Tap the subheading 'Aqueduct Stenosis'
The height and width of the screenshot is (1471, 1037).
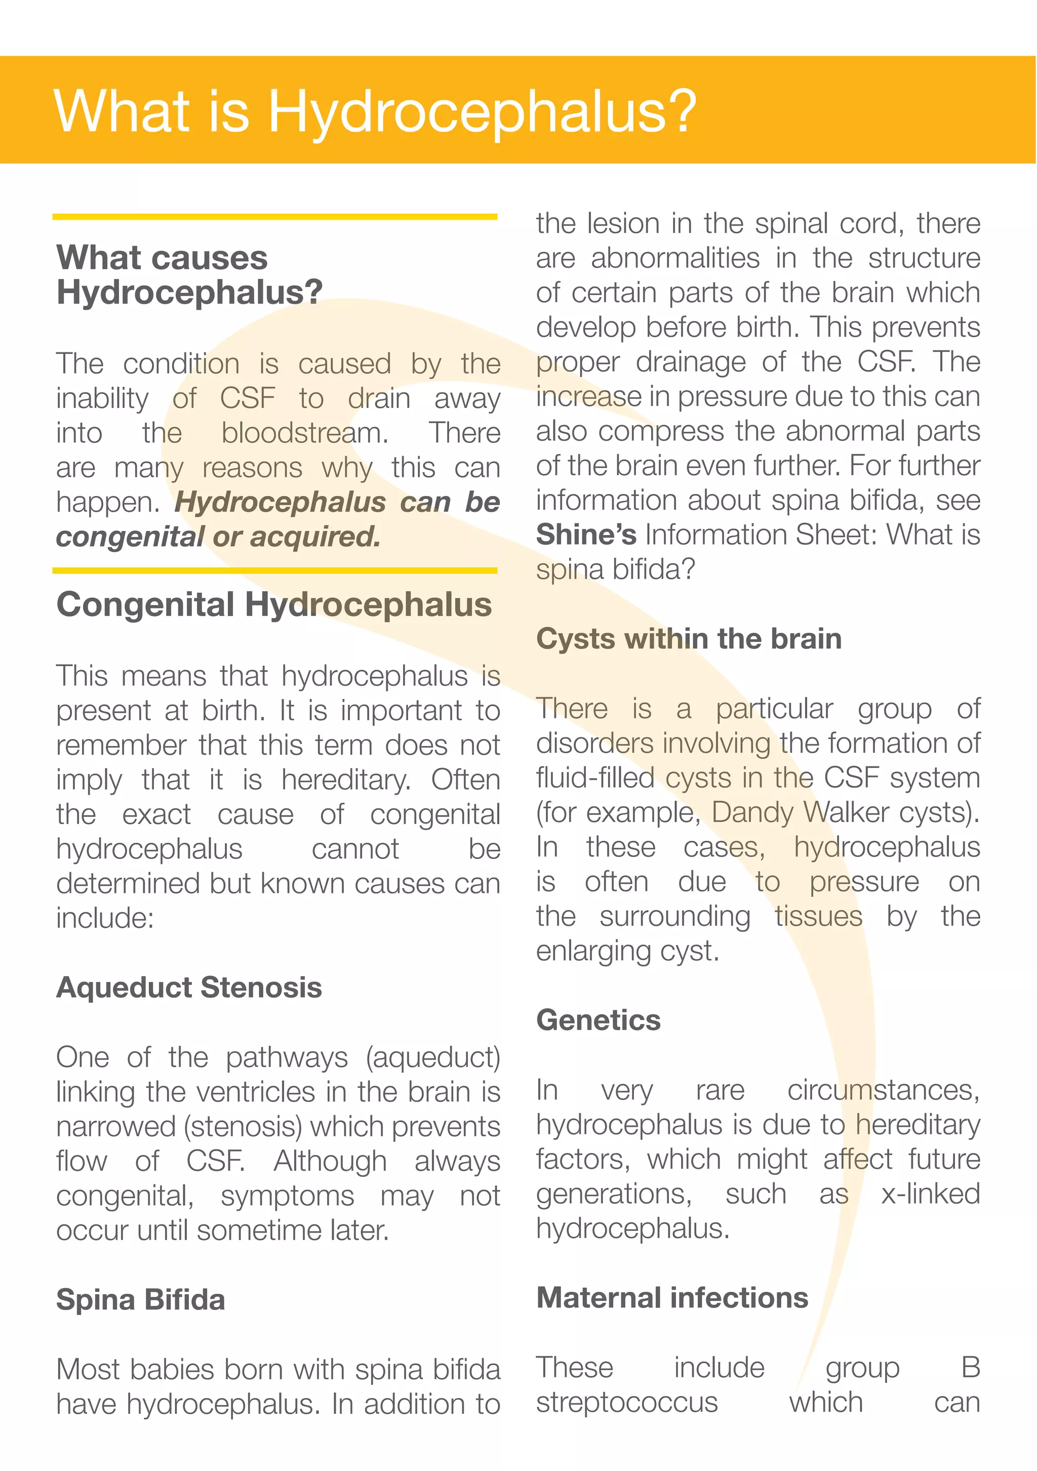click(189, 987)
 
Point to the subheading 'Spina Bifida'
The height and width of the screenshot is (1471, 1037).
click(140, 1299)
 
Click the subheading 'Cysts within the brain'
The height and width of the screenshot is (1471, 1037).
click(688, 639)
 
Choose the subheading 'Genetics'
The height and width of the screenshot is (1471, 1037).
click(598, 1020)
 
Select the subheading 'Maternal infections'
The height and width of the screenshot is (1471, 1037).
click(672, 1297)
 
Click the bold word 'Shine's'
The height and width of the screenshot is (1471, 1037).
click(586, 535)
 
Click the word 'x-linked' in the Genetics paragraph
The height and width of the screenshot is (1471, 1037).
click(930, 1194)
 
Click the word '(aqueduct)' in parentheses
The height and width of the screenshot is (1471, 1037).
click(432, 1057)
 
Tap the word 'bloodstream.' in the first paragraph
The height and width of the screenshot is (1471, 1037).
click(304, 433)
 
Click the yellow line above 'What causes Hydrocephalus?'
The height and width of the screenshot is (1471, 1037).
click(274, 217)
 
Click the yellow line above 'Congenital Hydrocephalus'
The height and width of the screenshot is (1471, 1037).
click(274, 570)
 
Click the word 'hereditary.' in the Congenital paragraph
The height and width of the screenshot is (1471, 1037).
click(345, 780)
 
